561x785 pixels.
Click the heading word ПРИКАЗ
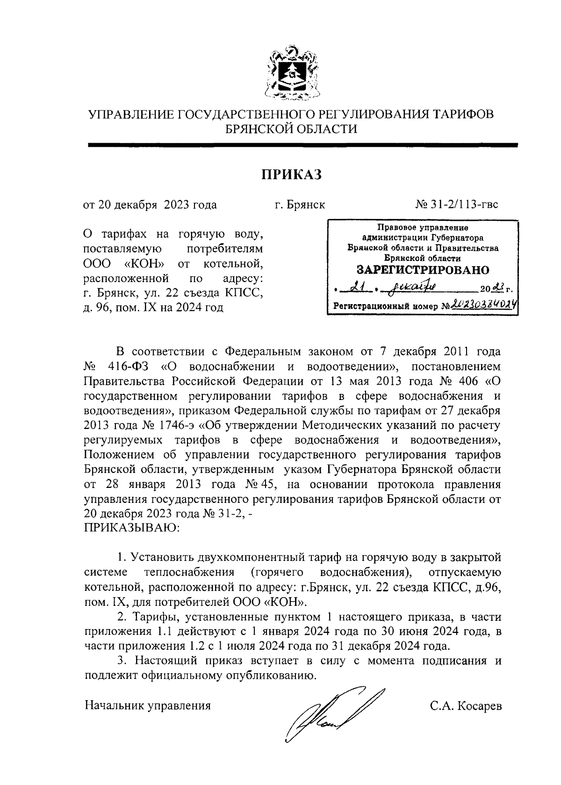pyautogui.click(x=291, y=174)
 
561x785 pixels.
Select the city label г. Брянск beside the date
pyautogui.click(x=300, y=204)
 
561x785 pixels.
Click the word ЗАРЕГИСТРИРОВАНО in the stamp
pyautogui.click(x=423, y=270)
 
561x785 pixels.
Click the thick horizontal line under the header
pyautogui.click(x=303, y=145)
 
